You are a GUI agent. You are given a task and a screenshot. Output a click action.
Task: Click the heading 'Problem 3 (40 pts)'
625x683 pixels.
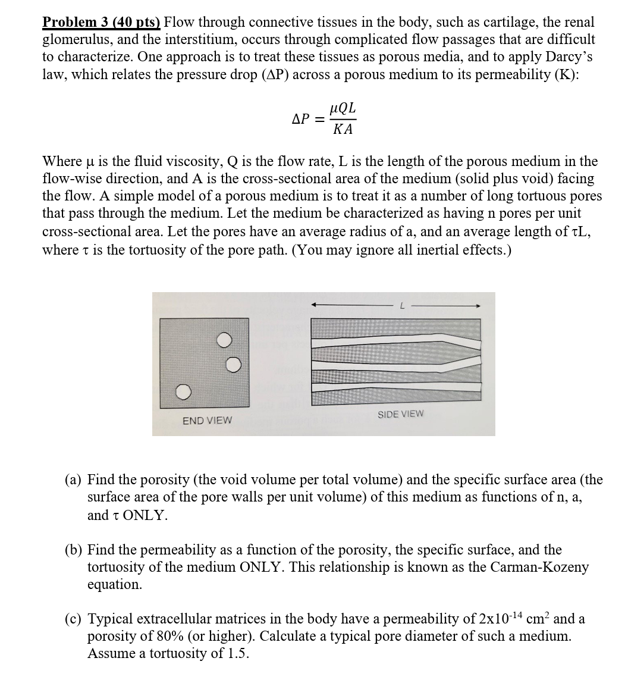101,23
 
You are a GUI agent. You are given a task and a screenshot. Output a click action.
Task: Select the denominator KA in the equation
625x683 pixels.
343,129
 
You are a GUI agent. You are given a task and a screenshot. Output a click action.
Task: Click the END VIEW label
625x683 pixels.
207,421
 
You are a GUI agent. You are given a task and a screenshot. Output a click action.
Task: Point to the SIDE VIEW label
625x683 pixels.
401,413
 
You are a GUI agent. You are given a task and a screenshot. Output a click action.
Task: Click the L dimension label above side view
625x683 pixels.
402,306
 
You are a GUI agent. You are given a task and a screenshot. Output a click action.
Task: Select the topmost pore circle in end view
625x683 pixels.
223,340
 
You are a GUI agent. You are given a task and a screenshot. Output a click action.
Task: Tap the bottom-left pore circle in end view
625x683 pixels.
184,392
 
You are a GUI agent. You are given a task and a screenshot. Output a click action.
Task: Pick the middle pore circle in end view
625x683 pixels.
234,364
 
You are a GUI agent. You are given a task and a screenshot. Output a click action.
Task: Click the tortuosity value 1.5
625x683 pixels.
236,653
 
